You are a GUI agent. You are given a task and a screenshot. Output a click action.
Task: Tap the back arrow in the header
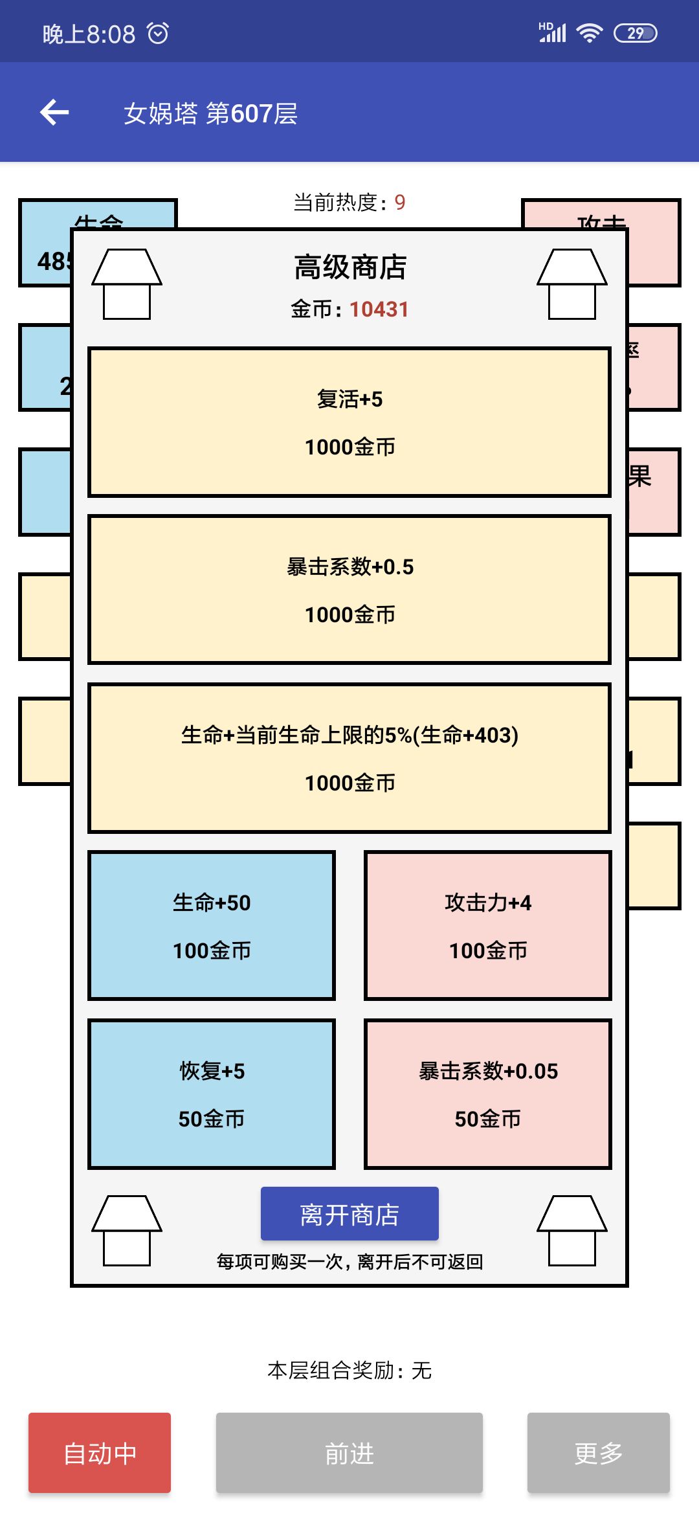coord(54,113)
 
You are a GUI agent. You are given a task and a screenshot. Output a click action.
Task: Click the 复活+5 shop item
coord(349,422)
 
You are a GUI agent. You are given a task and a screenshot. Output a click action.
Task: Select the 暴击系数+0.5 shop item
coord(349,590)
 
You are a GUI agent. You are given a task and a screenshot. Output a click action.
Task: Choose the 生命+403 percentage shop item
coord(349,757)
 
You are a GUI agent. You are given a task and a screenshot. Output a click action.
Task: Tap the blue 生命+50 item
coord(212,926)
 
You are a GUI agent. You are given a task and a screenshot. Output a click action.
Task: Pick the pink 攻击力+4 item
coord(488,926)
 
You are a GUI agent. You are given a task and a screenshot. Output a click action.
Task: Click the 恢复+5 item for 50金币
coord(212,1094)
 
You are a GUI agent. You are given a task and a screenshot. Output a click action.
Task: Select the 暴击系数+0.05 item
coord(488,1094)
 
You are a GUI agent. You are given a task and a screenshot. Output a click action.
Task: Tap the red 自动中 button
coord(100,1453)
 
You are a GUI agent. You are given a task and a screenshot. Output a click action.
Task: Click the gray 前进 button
coord(349,1453)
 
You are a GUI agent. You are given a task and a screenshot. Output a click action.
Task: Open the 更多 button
coord(598,1453)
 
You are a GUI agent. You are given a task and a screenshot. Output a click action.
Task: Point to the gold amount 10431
coord(379,309)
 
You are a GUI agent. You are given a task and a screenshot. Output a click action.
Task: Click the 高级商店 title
coord(349,267)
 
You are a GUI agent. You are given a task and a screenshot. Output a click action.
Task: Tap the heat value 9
coord(400,203)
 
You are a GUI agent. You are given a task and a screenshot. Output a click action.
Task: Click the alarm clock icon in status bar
coord(158,33)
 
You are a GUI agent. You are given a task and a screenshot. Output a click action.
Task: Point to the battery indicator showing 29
coord(635,33)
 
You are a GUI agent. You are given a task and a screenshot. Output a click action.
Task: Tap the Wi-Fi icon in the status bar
coord(589,33)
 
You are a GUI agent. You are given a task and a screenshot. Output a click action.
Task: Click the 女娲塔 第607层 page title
coord(210,113)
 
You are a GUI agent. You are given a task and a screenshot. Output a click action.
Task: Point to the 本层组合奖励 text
coord(349,1370)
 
